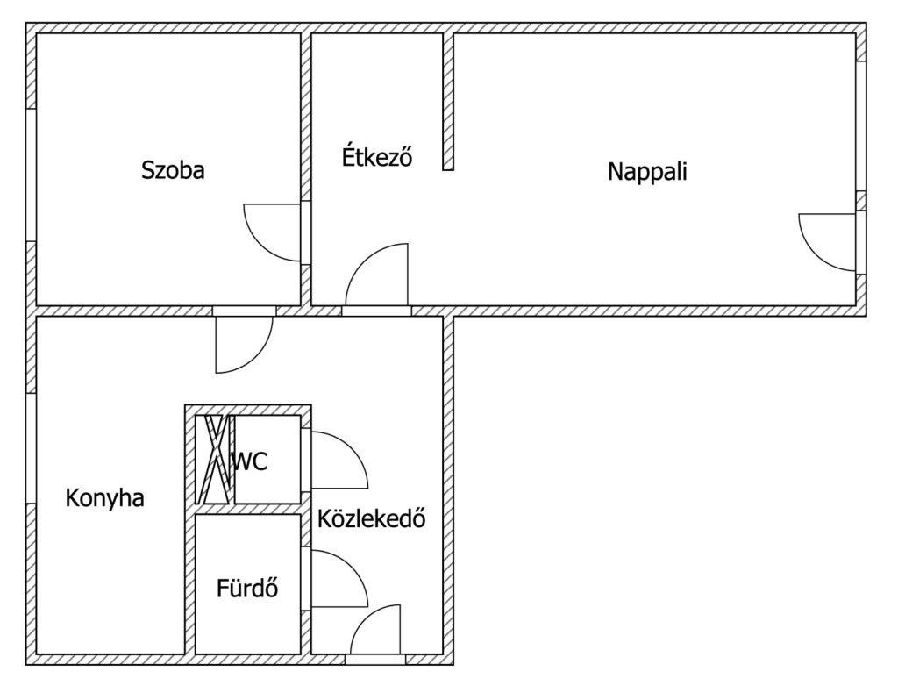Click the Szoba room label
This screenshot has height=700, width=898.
(x=173, y=170)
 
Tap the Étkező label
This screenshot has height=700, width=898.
(x=377, y=156)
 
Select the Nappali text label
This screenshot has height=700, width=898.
(x=647, y=171)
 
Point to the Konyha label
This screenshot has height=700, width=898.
(x=105, y=497)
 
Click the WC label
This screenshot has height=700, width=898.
(x=250, y=461)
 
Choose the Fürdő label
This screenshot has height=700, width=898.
(x=247, y=588)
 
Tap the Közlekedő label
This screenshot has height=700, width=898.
(x=372, y=518)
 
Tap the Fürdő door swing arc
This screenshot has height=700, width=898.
(x=353, y=566)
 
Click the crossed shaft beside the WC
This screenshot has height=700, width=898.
(x=215, y=460)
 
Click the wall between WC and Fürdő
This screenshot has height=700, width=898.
(x=248, y=510)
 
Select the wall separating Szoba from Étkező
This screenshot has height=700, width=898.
(x=306, y=169)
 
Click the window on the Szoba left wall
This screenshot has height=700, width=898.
(x=31, y=175)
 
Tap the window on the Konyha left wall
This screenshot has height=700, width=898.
(x=31, y=448)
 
